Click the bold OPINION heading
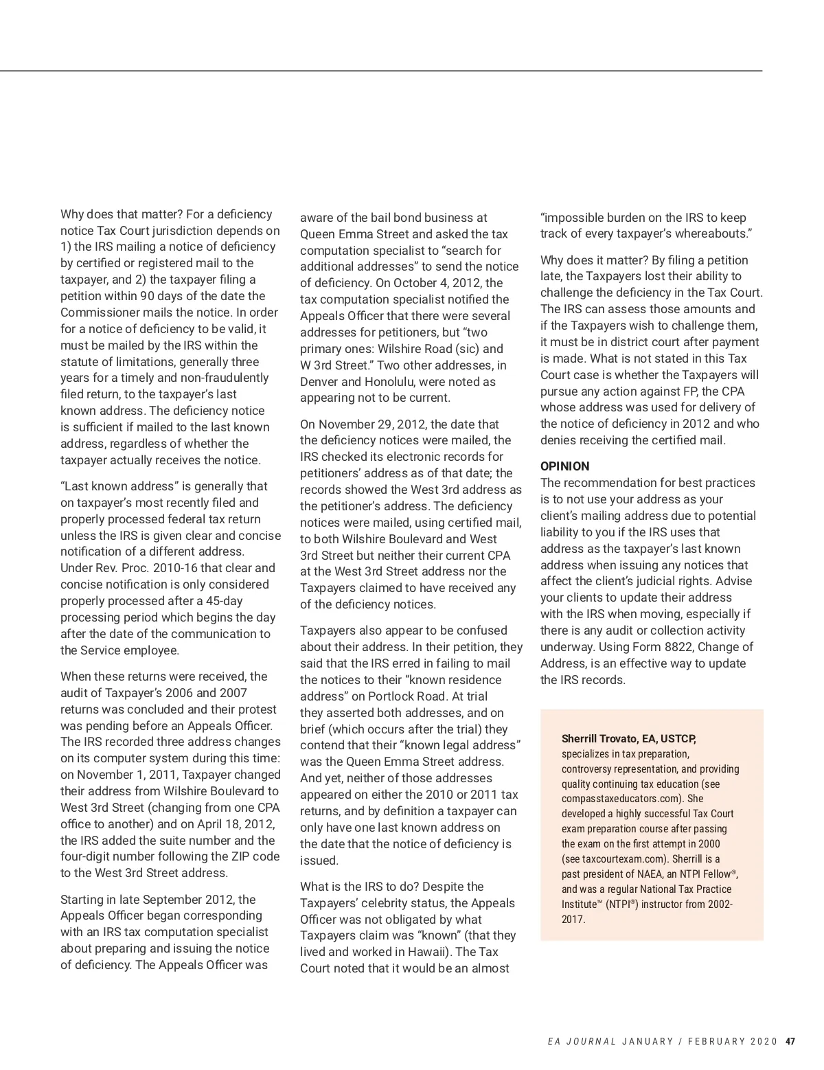[x=564, y=466]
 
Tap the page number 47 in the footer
[x=790, y=1041]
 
